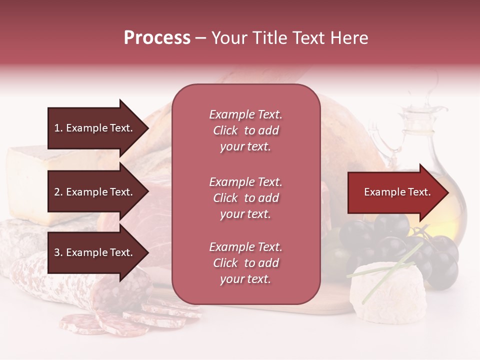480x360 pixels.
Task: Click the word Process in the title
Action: pos(157,38)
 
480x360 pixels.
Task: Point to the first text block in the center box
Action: pos(245,130)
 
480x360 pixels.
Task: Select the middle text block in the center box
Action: pos(245,198)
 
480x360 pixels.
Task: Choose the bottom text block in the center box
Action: pos(245,263)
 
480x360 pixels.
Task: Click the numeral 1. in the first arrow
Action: pos(58,128)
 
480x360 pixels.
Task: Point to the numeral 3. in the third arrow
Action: pos(58,252)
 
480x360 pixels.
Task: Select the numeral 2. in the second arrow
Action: pos(58,192)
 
